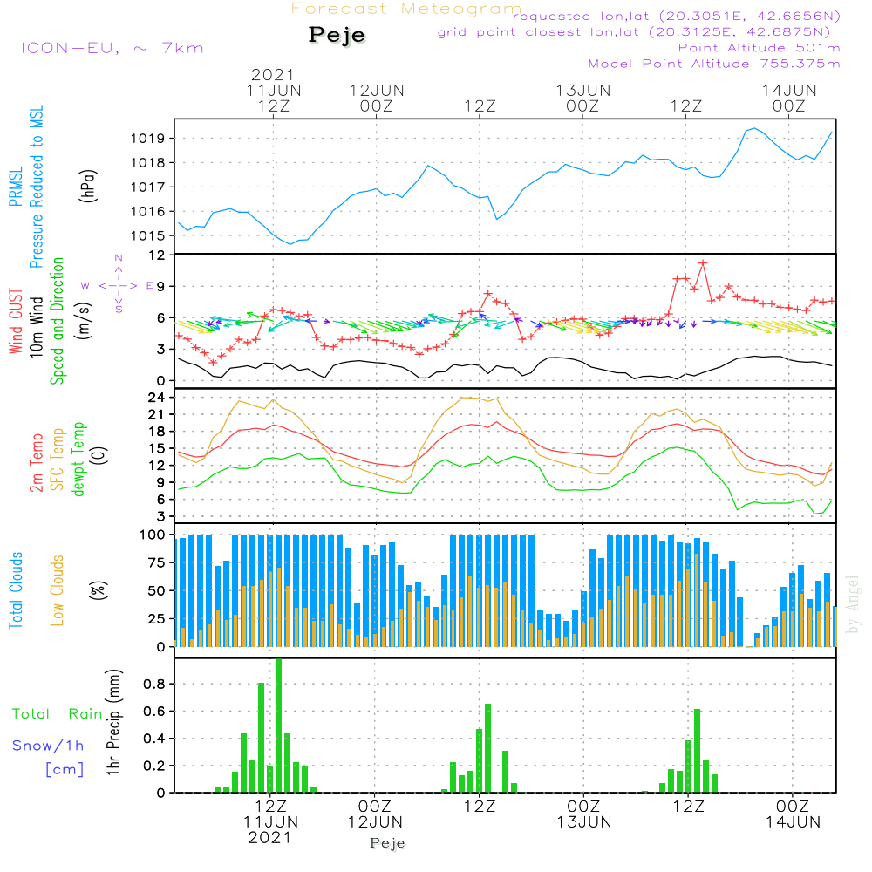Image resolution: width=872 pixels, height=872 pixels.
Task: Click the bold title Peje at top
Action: click(337, 35)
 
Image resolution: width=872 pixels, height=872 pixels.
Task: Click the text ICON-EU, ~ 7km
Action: click(112, 47)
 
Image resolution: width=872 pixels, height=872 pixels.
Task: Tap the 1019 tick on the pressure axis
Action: click(151, 139)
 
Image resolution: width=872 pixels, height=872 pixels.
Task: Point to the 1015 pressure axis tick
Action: click(151, 236)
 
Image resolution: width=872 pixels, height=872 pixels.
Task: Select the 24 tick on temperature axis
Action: click(158, 397)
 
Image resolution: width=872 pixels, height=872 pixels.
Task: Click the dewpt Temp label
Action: click(78, 460)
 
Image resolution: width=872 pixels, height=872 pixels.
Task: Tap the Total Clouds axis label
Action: click(16, 590)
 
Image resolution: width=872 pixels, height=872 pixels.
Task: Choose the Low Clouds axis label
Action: click(58, 590)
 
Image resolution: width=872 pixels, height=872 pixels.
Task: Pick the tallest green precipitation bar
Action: click(278, 726)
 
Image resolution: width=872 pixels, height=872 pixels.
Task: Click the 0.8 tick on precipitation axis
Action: click(154, 685)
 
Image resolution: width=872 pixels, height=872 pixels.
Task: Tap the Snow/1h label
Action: click(49, 746)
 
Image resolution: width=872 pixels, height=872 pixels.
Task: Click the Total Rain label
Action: click(57, 714)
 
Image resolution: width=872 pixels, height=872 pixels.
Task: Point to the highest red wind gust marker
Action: click(703, 262)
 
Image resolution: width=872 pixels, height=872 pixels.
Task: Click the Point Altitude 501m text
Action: click(759, 47)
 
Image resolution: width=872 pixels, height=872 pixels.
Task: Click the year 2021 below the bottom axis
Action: click(270, 837)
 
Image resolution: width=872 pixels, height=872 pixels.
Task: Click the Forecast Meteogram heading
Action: click(406, 9)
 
